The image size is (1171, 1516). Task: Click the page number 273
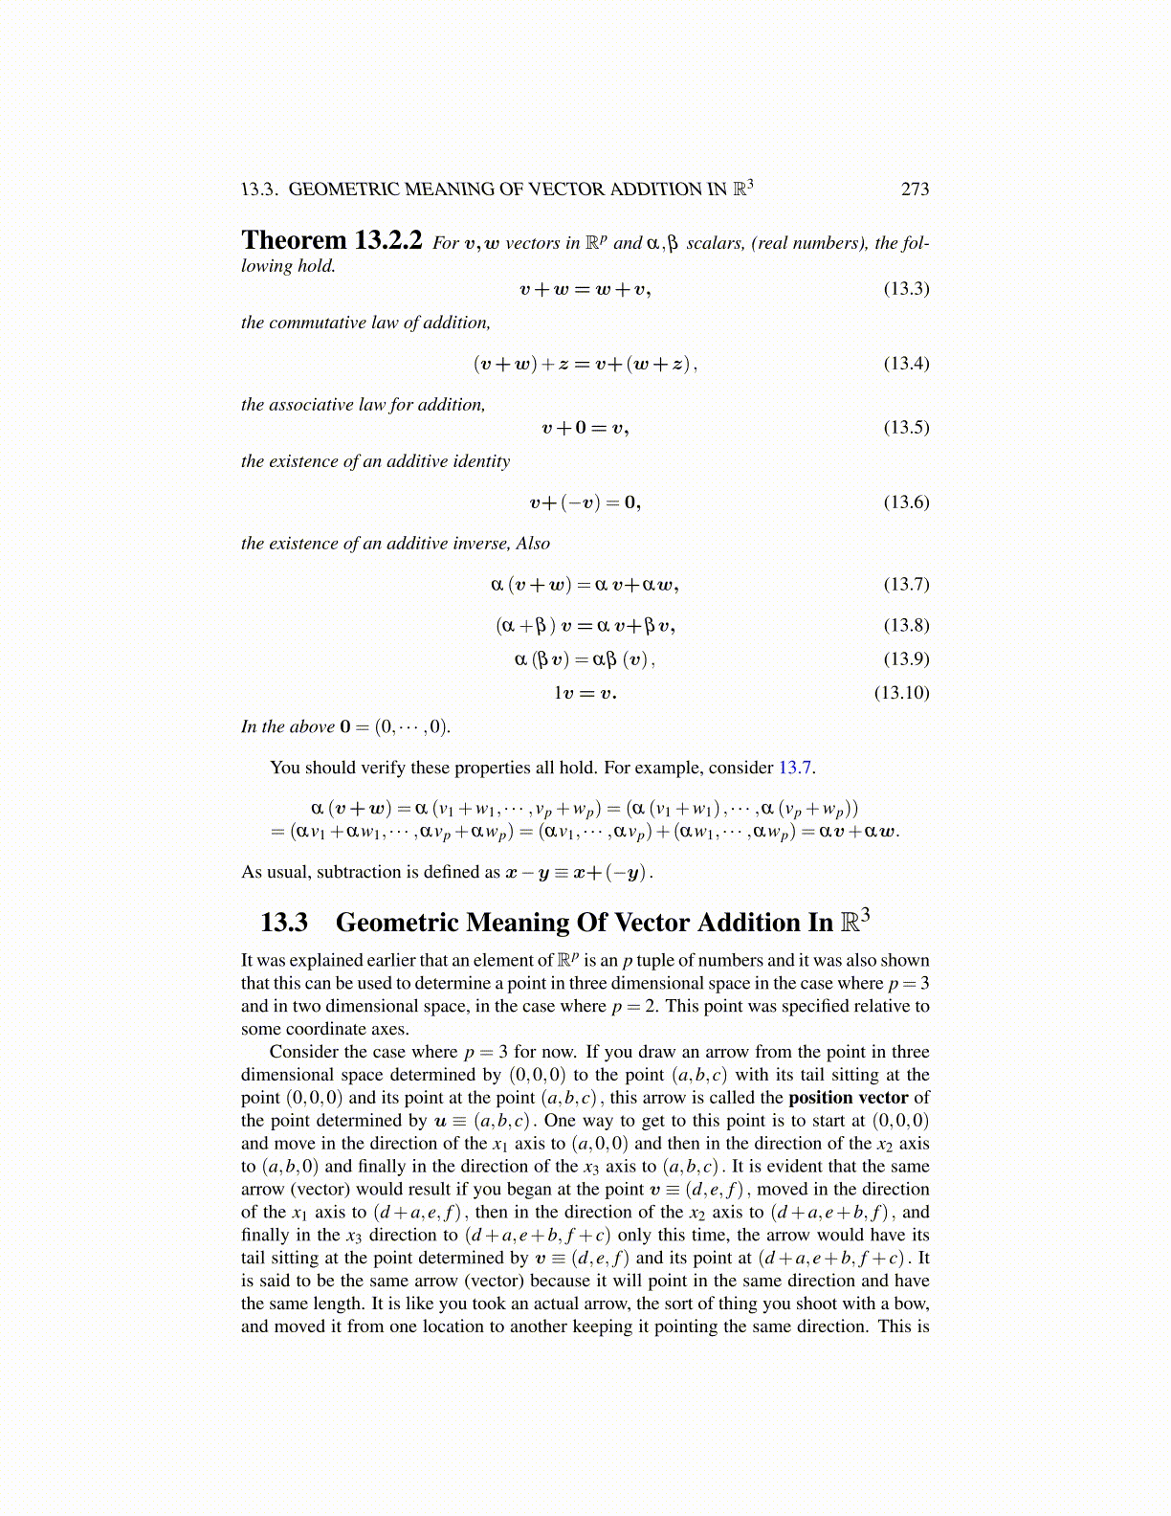pyautogui.click(x=915, y=189)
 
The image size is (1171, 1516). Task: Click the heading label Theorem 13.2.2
pyautogui.click(x=331, y=240)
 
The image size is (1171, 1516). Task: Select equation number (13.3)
pyautogui.click(x=905, y=288)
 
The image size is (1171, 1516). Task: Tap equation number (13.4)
pyautogui.click(x=905, y=363)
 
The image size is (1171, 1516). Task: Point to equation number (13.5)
pyautogui.click(x=905, y=427)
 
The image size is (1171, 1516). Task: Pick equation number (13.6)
pyautogui.click(x=905, y=502)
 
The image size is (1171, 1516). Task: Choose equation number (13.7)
pyautogui.click(x=905, y=584)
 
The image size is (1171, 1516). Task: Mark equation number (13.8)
pyautogui.click(x=905, y=625)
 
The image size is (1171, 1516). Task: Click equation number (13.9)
pyautogui.click(x=905, y=658)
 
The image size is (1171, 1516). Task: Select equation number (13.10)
pyautogui.click(x=901, y=692)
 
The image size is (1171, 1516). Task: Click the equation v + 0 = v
pyautogui.click(x=585, y=428)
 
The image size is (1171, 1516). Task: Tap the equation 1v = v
pyautogui.click(x=585, y=693)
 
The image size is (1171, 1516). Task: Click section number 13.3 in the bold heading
pyautogui.click(x=284, y=923)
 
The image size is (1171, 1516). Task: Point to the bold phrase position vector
pyautogui.click(x=848, y=1098)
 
